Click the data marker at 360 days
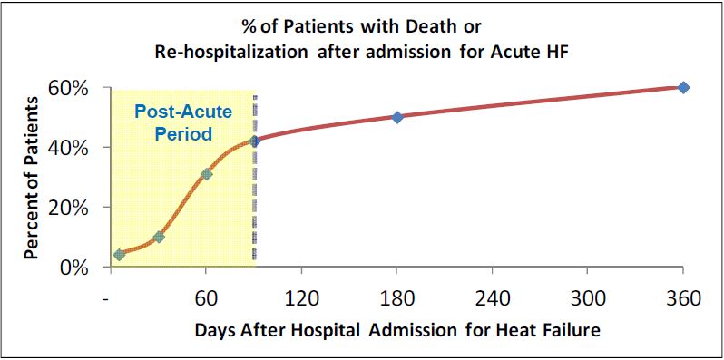(683, 87)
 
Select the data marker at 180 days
(397, 117)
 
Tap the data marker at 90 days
(255, 141)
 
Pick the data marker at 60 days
(206, 173)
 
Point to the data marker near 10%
(159, 237)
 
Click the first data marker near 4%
(119, 255)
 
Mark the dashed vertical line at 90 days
(255, 199)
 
